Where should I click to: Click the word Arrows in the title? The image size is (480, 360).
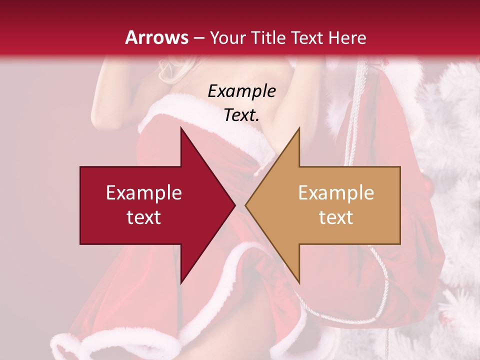(x=156, y=37)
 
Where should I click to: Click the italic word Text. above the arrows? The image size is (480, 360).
(x=241, y=115)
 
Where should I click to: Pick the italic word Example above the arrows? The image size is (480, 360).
(x=241, y=91)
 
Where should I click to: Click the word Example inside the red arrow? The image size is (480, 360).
(x=144, y=192)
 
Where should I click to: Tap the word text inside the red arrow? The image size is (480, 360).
(x=144, y=217)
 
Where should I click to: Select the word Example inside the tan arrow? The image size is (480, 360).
(x=336, y=192)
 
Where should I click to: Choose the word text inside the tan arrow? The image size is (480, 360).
(x=336, y=217)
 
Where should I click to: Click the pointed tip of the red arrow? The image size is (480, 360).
(x=235, y=205)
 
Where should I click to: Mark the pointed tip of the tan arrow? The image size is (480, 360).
(x=245, y=205)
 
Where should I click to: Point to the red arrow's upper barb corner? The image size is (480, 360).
(x=181, y=128)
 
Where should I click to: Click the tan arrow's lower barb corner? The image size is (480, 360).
(x=299, y=283)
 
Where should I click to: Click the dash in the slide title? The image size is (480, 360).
(x=198, y=38)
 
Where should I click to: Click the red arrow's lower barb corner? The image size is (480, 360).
(x=181, y=283)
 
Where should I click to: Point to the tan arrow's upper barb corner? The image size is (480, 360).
(x=299, y=128)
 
